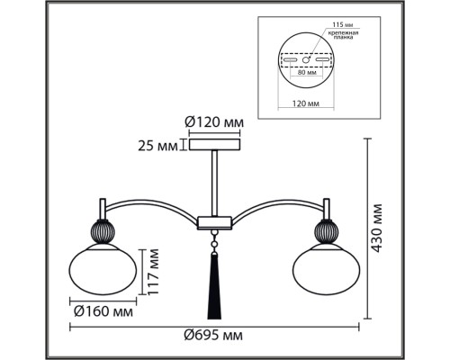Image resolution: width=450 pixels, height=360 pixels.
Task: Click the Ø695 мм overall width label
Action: pos(213,335)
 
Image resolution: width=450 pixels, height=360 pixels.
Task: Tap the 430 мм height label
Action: pos(376,228)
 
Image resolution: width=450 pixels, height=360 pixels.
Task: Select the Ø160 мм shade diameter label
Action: pos(103,311)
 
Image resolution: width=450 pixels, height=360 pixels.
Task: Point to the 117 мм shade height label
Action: pos(152,272)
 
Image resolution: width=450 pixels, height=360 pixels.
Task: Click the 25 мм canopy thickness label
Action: pos(157,146)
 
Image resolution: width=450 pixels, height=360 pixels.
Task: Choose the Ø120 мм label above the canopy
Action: pos(214,122)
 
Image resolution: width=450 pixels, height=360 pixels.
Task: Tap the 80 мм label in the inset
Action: pos(306,72)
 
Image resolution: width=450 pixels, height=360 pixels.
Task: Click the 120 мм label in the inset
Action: pos(306,103)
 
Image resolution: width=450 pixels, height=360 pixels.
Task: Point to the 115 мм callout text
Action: pos(343,24)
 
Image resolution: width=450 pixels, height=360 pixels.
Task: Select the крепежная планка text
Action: pos(343,35)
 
